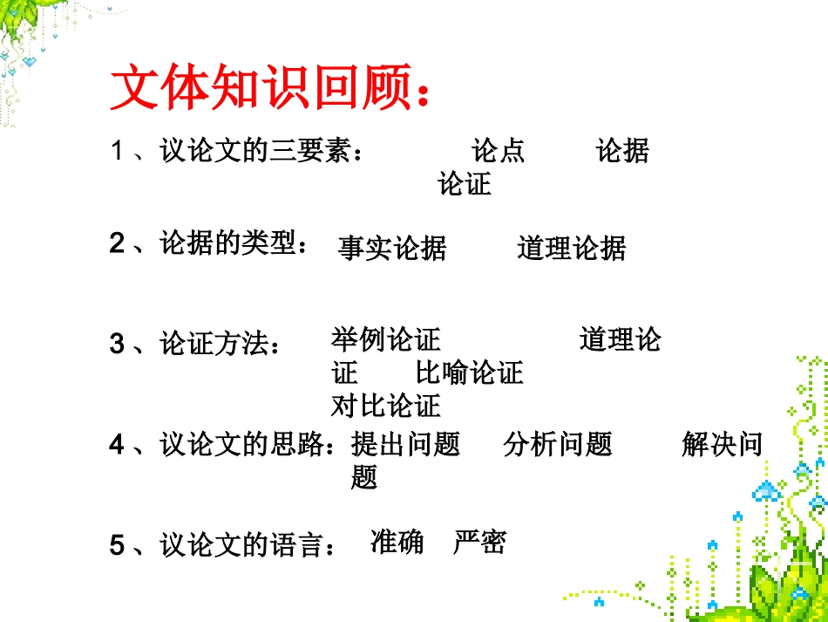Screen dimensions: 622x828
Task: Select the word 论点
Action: point(499,151)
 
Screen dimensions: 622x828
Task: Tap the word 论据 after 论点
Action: point(622,151)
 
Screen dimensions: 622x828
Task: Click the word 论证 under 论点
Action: point(465,184)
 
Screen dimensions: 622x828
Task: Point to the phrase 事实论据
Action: point(392,249)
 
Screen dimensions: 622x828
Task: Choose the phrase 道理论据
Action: point(572,249)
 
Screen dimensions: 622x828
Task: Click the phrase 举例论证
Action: point(386,338)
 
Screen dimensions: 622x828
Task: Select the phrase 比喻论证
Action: point(470,373)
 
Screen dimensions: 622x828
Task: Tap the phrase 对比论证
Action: point(386,406)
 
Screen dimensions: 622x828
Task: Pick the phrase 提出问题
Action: point(405,445)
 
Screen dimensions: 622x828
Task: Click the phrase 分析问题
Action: point(558,445)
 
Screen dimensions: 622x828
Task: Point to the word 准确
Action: point(397,543)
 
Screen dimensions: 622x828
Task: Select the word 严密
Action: point(479,543)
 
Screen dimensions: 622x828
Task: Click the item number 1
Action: point(117,152)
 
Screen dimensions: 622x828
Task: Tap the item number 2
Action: point(117,244)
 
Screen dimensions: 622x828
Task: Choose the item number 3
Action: point(117,345)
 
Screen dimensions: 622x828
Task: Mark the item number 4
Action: point(117,446)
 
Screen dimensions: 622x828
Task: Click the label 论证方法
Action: point(213,345)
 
